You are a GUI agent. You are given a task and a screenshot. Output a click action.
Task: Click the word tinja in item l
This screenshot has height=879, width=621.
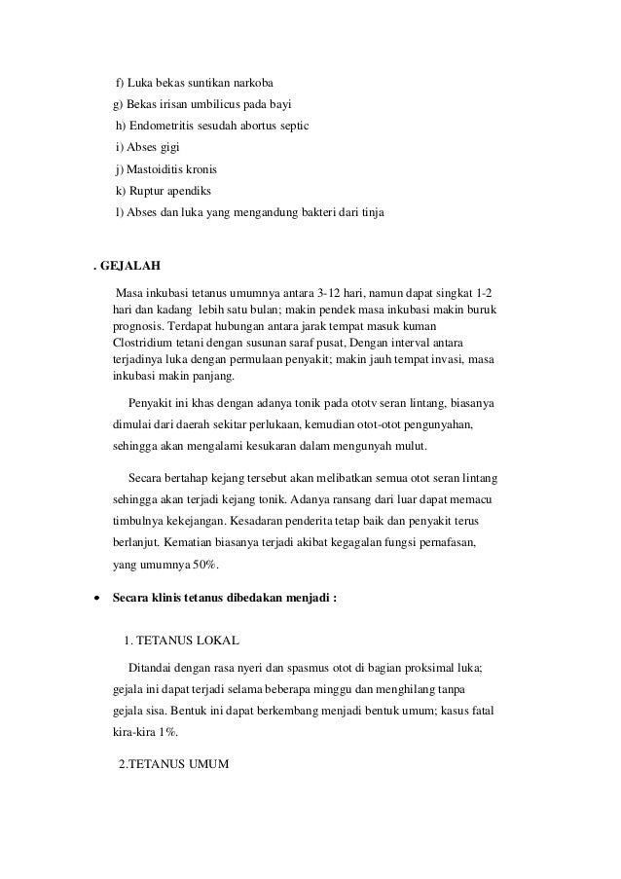(371, 212)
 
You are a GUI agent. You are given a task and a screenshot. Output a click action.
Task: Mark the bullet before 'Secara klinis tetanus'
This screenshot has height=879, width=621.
(95, 597)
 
